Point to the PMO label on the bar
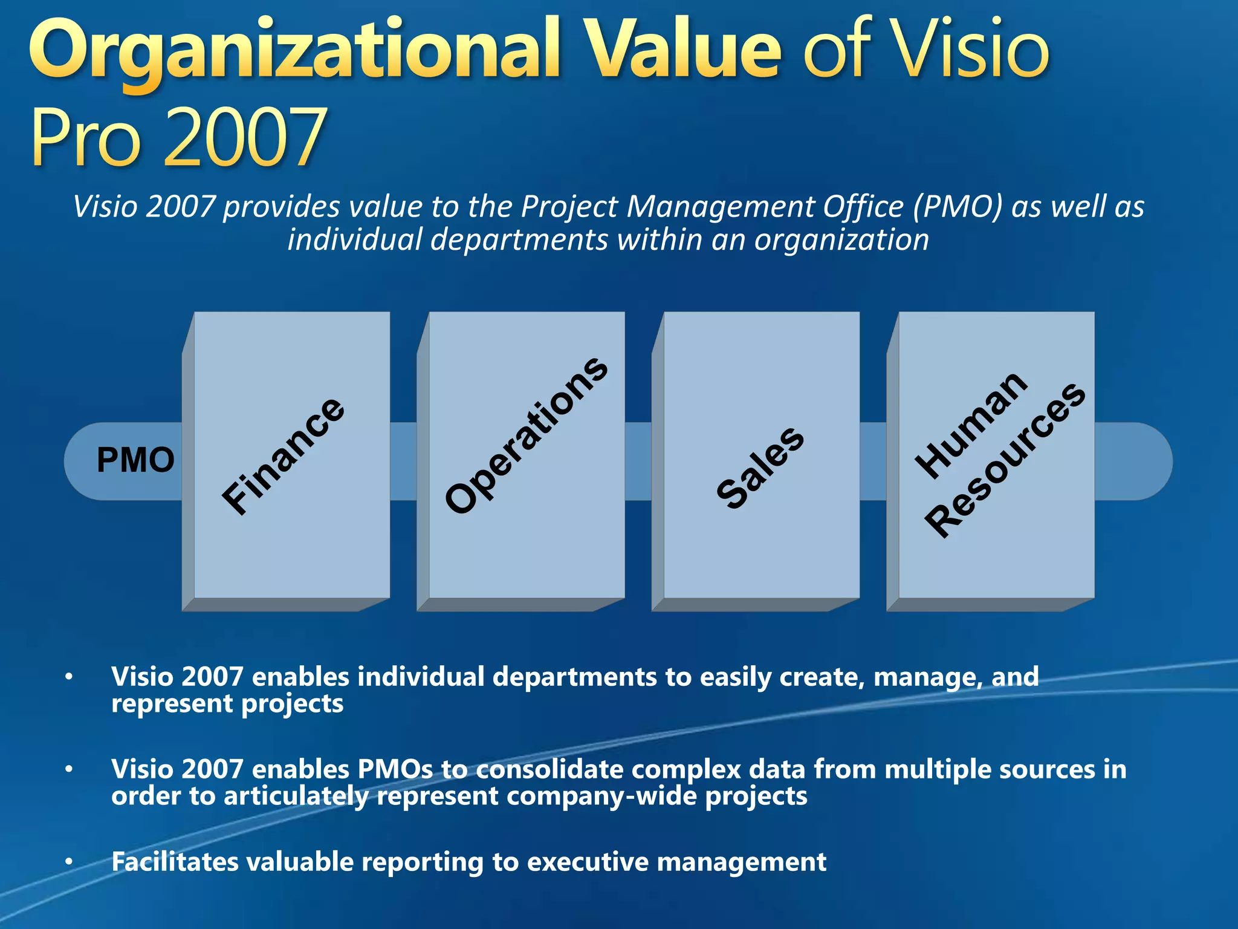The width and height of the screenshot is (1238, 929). pyautogui.click(x=135, y=460)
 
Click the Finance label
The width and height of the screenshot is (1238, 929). pyautogui.click(x=283, y=457)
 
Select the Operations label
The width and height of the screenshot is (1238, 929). pyautogui.click(x=526, y=435)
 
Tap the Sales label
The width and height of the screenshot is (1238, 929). pyautogui.click(x=760, y=468)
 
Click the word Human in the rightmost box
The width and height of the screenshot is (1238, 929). pyautogui.click(x=971, y=425)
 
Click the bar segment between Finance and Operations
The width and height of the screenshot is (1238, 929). pyautogui.click(x=403, y=461)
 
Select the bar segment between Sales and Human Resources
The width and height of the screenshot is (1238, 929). pyautogui.click(x=873, y=461)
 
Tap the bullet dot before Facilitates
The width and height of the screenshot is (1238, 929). pyautogui.click(x=70, y=861)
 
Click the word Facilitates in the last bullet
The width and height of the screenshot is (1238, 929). pyautogui.click(x=175, y=862)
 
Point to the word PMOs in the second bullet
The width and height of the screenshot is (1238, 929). pyautogui.click(x=395, y=769)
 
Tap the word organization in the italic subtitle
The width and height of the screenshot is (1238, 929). pyautogui.click(x=841, y=240)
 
